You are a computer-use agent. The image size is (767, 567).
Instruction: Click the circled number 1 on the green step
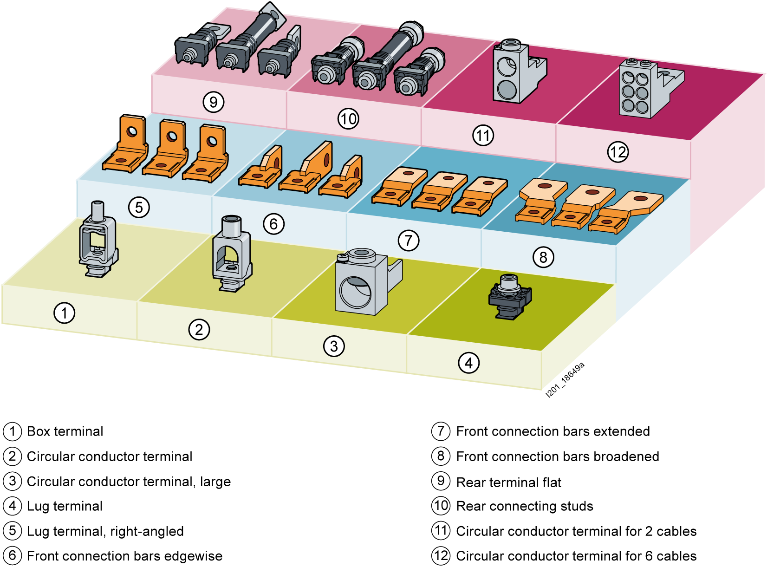coord(64,313)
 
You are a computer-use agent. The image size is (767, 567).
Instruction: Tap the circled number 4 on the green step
coord(468,363)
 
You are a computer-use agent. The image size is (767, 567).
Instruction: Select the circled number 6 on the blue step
coord(273,224)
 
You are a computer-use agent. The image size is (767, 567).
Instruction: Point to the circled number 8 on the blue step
coord(543,257)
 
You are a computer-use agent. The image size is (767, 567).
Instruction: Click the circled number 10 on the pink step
coord(348,119)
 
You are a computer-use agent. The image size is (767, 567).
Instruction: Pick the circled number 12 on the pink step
coord(618,152)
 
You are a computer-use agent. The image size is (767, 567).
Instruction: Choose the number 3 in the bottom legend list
coord(13,481)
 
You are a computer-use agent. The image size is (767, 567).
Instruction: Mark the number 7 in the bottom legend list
coord(441,431)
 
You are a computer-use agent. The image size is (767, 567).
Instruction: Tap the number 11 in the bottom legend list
coord(441,530)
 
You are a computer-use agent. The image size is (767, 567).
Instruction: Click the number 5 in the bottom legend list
coord(13,530)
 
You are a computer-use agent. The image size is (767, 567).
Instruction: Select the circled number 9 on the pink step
coord(214,102)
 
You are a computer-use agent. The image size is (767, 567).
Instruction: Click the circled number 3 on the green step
coord(334,346)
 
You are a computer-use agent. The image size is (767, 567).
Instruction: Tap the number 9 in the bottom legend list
coord(441,481)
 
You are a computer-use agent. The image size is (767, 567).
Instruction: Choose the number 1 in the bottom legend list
coord(13,431)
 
